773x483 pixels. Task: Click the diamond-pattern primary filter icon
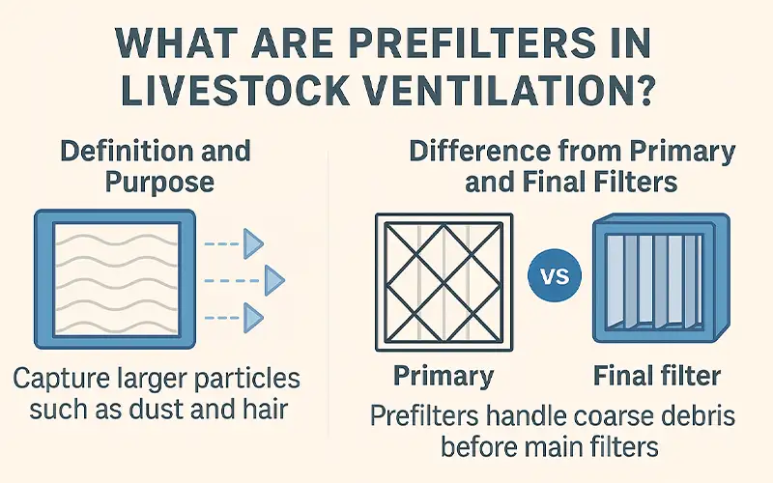point(442,279)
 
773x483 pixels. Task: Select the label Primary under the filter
point(443,375)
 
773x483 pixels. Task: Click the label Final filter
point(660,375)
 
